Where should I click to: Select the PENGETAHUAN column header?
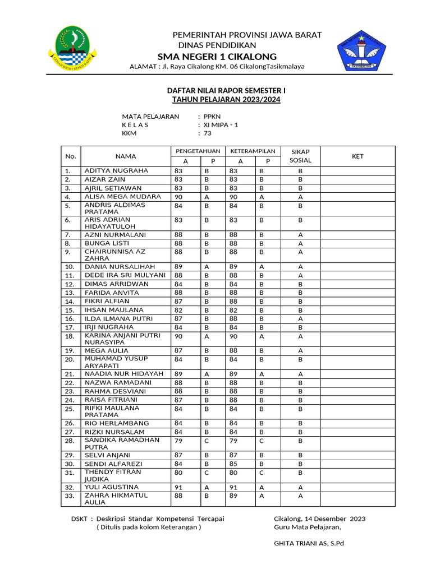pyautogui.click(x=198, y=151)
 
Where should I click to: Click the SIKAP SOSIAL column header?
pyautogui.click(x=300, y=156)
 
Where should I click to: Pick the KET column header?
pyautogui.click(x=357, y=156)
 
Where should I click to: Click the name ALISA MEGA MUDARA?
pyautogui.click(x=122, y=197)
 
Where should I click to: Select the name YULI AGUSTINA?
pyautogui.click(x=111, y=487)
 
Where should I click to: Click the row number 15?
pyautogui.click(x=70, y=310)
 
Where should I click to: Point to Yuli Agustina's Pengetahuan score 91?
pyautogui.click(x=178, y=488)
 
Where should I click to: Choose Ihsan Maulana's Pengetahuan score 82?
pyautogui.click(x=178, y=310)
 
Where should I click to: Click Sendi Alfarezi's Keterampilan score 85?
pyautogui.click(x=233, y=464)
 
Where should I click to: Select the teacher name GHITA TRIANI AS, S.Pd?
pyautogui.click(x=309, y=543)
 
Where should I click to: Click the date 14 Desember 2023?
pyautogui.click(x=335, y=519)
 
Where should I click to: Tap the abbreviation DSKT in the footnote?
pyautogui.click(x=79, y=519)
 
